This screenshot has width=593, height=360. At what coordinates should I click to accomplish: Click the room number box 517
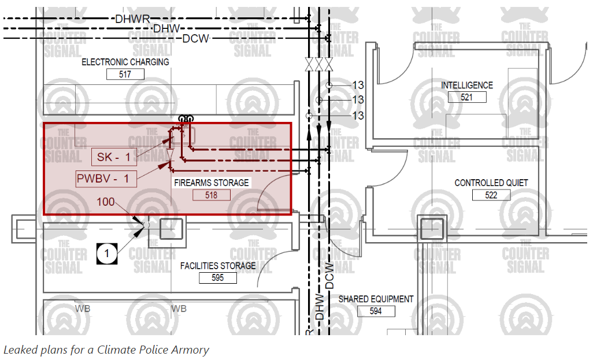click(x=125, y=74)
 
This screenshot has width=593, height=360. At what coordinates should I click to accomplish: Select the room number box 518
click(x=211, y=195)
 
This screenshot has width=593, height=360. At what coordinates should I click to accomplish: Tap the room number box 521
click(x=467, y=97)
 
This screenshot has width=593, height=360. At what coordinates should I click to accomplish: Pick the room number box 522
click(x=491, y=195)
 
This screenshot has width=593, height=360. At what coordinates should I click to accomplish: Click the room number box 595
click(x=218, y=278)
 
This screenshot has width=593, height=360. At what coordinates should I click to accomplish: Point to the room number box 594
click(x=376, y=311)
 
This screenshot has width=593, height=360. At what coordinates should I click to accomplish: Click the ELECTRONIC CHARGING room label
click(x=125, y=62)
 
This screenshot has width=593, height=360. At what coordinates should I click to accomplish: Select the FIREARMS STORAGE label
click(x=212, y=183)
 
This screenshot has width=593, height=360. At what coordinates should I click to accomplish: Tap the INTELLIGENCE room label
click(x=467, y=85)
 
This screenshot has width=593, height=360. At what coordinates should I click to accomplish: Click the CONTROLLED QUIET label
click(x=491, y=183)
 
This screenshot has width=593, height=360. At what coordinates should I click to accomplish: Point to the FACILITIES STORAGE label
click(x=218, y=266)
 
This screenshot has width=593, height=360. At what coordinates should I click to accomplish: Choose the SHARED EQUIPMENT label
click(x=376, y=299)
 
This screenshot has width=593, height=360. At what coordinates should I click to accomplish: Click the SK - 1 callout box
click(x=114, y=157)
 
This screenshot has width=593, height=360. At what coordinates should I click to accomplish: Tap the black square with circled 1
click(x=107, y=253)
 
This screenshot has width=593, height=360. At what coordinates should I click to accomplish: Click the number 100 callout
click(x=106, y=202)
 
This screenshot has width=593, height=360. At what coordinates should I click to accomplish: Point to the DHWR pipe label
click(x=132, y=18)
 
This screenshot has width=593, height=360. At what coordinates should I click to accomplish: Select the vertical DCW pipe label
click(x=329, y=276)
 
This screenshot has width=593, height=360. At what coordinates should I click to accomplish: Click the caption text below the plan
click(x=106, y=350)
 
